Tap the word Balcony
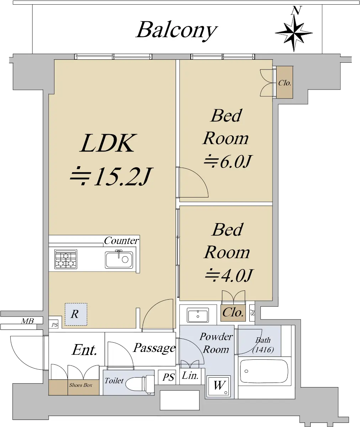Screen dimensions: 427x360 (x=176, y=30)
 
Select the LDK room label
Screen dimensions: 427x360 (x=108, y=143)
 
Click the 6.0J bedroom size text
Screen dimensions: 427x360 (x=228, y=162)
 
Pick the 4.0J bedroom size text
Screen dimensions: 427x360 (x=229, y=275)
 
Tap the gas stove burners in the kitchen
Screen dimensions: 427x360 (x=66, y=259)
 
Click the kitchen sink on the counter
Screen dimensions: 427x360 (x=119, y=259)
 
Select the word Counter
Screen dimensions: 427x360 (x=121, y=241)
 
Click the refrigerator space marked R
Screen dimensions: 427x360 (x=75, y=314)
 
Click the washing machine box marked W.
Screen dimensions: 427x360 (x=219, y=386)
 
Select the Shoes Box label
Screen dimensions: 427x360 (x=80, y=385)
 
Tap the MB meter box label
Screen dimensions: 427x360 (x=27, y=321)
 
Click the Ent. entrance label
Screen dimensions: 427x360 (x=84, y=350)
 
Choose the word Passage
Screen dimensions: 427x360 (x=154, y=348)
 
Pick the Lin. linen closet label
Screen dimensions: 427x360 (x=191, y=375)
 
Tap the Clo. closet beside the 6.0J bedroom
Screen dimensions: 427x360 (x=285, y=83)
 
